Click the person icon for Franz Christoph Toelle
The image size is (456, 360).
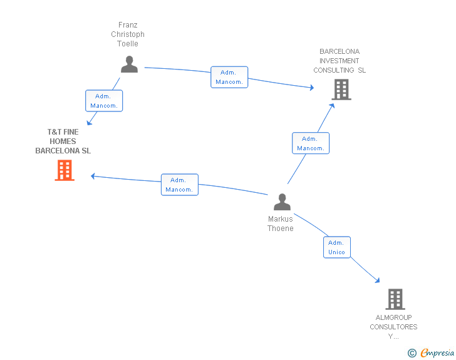[129, 64]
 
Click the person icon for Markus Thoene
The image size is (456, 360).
[282, 202]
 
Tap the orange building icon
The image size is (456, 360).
[65, 170]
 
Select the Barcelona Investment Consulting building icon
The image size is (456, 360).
[341, 90]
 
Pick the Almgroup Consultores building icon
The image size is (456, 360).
[395, 299]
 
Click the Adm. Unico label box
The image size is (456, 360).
[337, 247]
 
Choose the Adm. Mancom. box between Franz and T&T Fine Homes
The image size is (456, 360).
[104, 101]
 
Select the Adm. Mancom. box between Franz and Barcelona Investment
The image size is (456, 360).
[229, 77]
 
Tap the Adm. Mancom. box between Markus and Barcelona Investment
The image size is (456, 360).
[311, 143]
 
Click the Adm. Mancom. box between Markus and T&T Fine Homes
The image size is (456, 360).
[179, 185]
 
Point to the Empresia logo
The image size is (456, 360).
[437, 353]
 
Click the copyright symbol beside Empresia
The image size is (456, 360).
[412, 353]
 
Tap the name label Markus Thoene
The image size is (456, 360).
[281, 224]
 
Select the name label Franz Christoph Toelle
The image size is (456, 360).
[128, 34]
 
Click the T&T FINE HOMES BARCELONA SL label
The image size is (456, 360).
[63, 141]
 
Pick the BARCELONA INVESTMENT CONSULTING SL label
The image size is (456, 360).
[339, 61]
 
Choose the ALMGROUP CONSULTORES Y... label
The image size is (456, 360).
[393, 327]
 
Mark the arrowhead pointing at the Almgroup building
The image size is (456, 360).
[378, 280]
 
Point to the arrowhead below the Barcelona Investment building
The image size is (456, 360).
[332, 106]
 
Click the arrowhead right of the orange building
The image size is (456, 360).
[93, 176]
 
